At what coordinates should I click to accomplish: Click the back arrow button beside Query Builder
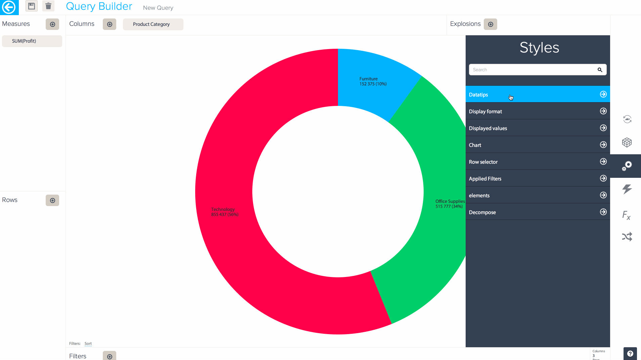[9, 7]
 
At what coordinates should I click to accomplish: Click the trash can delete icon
[48, 6]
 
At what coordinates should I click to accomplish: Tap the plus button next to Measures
[52, 24]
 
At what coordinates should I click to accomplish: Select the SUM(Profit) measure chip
[32, 41]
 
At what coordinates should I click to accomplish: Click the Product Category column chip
[153, 24]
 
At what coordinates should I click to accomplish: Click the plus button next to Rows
[52, 200]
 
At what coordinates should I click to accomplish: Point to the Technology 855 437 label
[224, 212]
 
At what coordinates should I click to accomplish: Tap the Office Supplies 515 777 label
[450, 204]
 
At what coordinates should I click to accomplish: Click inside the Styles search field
[532, 70]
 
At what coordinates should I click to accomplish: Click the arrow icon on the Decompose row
[603, 212]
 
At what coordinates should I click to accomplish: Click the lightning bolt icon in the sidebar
[627, 189]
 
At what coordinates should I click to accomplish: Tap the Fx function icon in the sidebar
[627, 215]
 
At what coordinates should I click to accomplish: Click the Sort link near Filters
[88, 344]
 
